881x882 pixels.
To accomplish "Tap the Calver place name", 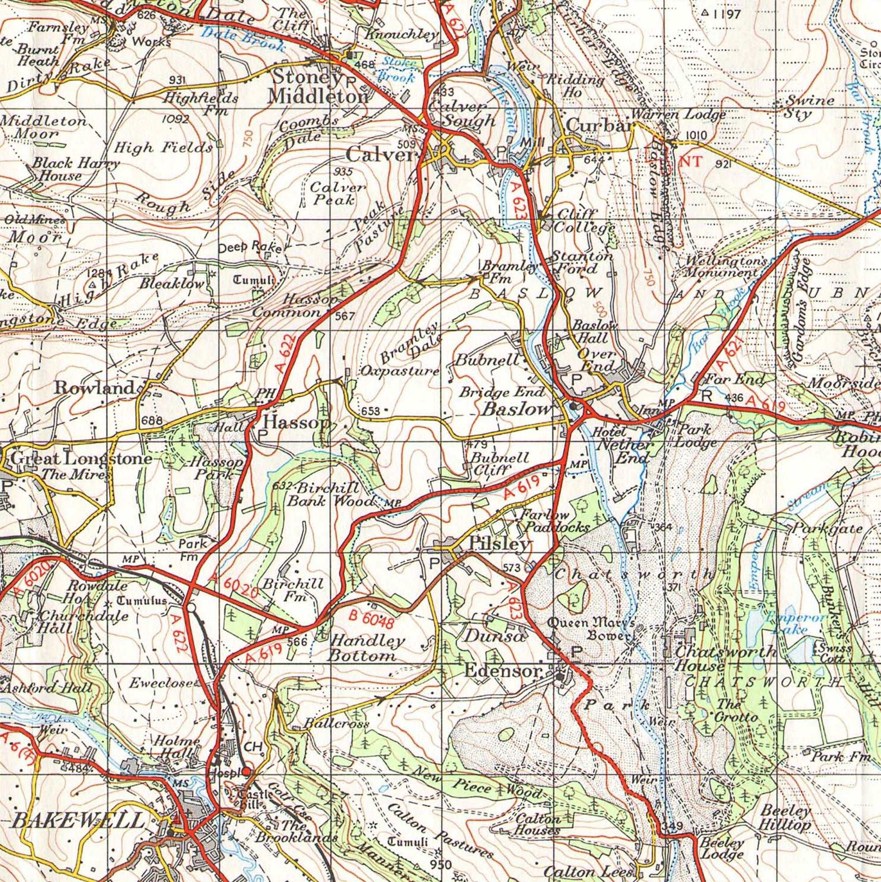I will tap(381, 155).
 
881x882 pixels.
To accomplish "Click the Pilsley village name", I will tap(500, 544).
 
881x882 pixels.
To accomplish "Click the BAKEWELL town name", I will tap(78, 822).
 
